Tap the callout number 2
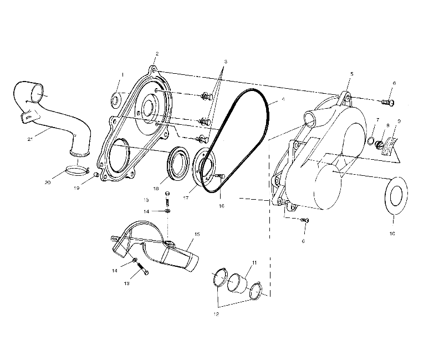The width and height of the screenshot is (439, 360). click(x=157, y=54)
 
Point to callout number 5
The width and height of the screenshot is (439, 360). click(x=351, y=73)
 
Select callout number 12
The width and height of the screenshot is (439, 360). click(x=216, y=313)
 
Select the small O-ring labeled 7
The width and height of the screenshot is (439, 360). click(x=370, y=141)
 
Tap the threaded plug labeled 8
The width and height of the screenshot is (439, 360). click(x=380, y=145)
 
